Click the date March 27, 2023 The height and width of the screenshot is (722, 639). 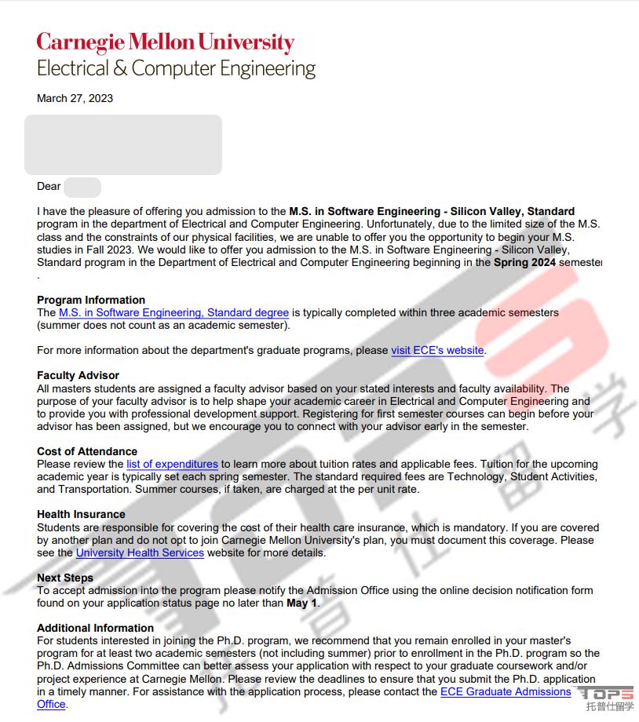[75, 98]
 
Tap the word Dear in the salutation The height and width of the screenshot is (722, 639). [49, 186]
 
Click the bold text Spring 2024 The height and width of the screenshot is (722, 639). [524, 262]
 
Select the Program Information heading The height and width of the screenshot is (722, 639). [91, 300]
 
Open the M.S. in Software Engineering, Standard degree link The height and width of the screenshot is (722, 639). [173, 312]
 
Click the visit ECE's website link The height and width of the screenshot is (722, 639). [437, 350]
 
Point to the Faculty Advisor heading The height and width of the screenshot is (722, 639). [78, 375]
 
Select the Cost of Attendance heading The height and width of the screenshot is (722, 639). [87, 451]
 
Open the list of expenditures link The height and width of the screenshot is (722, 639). [172, 464]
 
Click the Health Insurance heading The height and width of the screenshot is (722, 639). [81, 515]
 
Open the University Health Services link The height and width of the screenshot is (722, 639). [140, 552]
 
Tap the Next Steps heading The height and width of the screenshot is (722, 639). [65, 578]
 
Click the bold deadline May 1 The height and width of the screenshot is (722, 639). [302, 603]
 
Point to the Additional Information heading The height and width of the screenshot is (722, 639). [95, 628]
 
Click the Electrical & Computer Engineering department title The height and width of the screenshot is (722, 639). [176, 68]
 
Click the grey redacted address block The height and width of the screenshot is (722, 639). [123, 144]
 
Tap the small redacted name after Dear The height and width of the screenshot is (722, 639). [82, 187]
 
